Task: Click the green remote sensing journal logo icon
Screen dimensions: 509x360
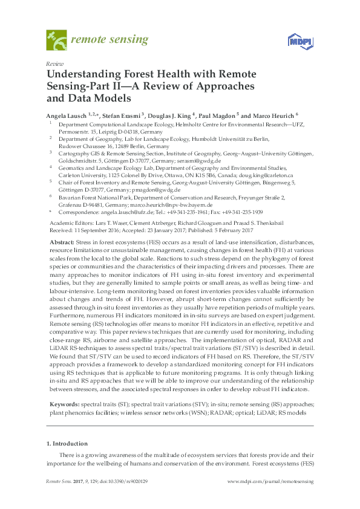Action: tap(56, 41)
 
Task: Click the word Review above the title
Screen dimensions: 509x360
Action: tap(54, 63)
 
